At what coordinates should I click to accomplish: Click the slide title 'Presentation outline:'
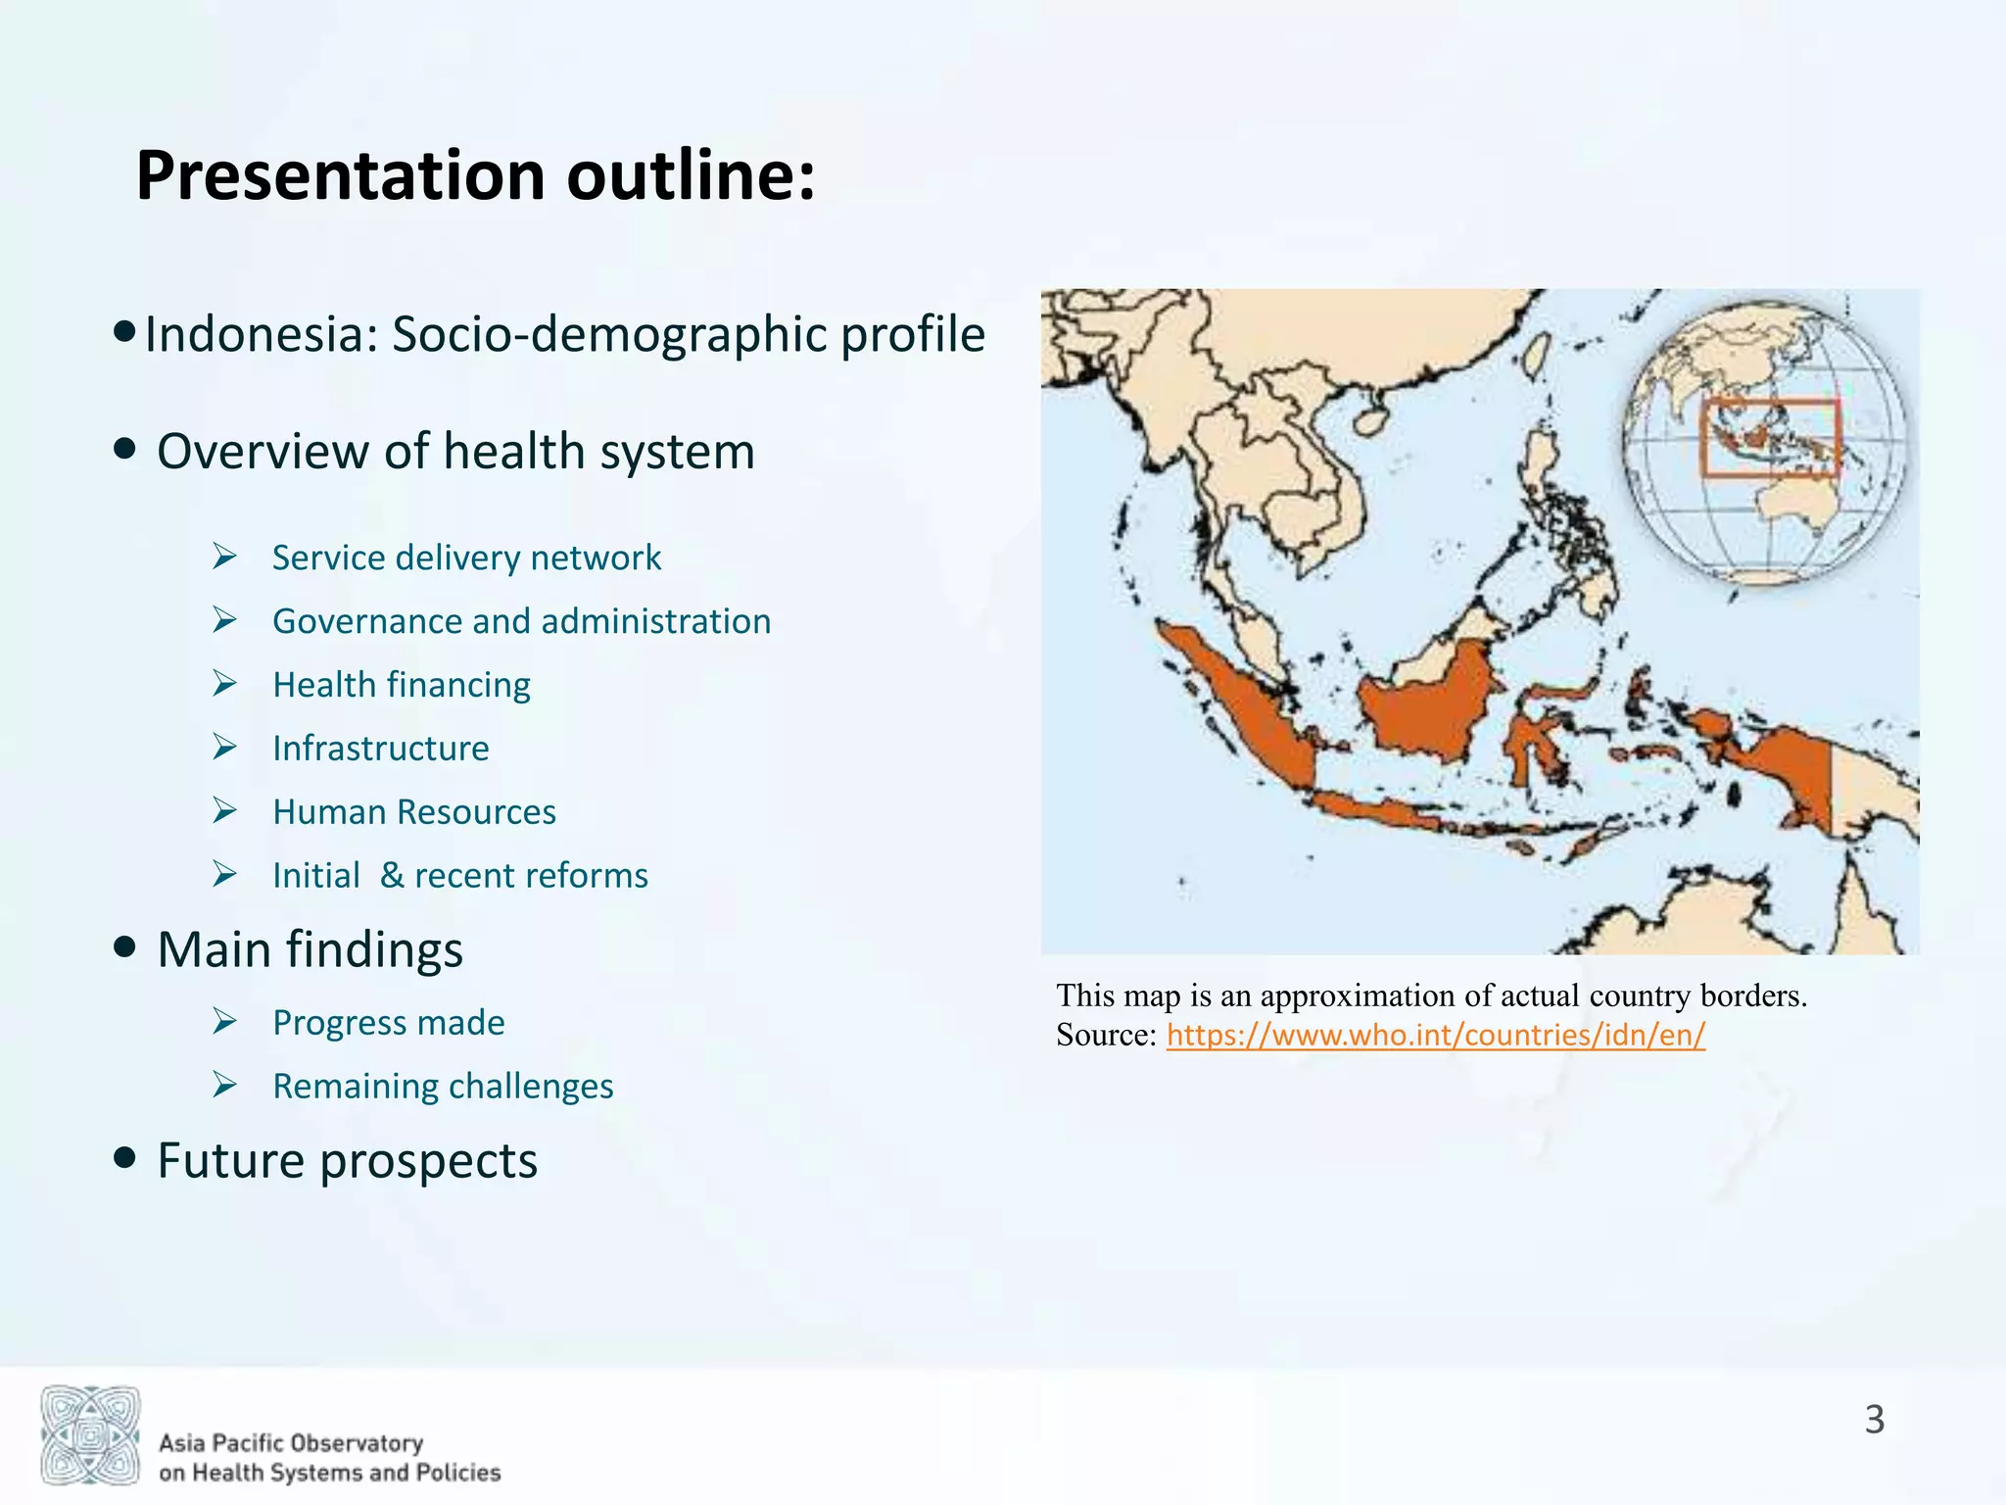click(x=475, y=176)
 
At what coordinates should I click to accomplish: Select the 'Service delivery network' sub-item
click(x=466, y=558)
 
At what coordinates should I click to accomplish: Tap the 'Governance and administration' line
click(x=521, y=621)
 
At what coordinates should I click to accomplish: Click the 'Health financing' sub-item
click(x=402, y=685)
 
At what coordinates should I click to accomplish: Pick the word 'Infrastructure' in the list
click(x=380, y=749)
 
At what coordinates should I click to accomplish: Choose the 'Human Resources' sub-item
click(x=413, y=812)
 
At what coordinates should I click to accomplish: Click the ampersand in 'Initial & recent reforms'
click(x=392, y=875)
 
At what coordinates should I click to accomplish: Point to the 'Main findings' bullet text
click(x=310, y=949)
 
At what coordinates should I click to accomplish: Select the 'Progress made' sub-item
click(x=388, y=1023)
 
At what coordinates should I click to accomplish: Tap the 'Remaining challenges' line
click(x=443, y=1087)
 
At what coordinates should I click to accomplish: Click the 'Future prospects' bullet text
click(x=347, y=1161)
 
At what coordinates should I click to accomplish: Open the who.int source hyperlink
click(x=1435, y=1036)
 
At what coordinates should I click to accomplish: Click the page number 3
click(x=1874, y=1420)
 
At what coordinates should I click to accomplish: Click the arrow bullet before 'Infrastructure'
click(x=225, y=748)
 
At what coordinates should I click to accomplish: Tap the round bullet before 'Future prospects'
click(x=124, y=1159)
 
